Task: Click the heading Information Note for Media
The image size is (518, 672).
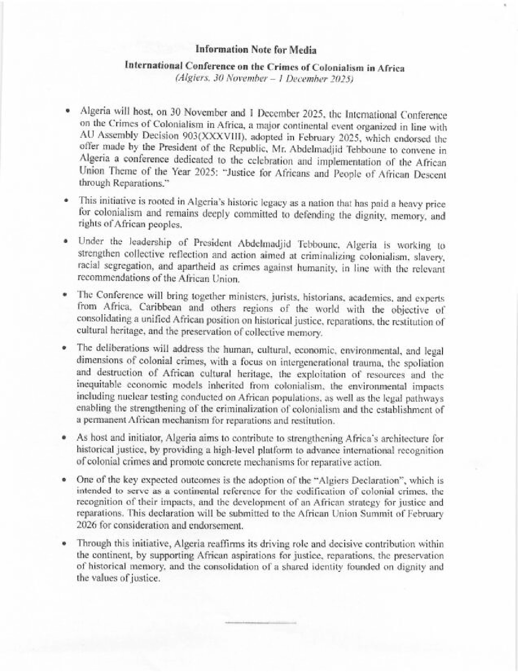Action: (x=256, y=50)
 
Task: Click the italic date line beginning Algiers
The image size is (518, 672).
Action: (x=264, y=79)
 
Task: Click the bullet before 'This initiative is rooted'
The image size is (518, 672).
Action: (x=66, y=200)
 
